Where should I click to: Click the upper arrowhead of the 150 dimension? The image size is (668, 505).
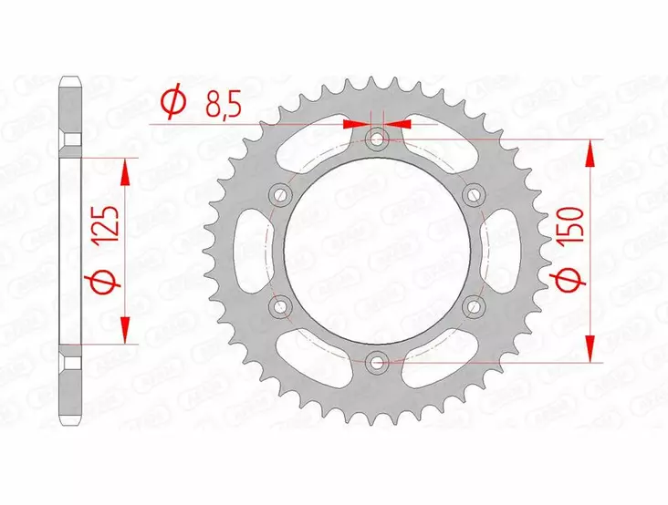[592, 153]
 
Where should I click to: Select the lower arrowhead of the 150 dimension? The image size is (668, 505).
[592, 349]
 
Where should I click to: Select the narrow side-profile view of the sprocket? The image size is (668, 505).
[69, 251]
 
